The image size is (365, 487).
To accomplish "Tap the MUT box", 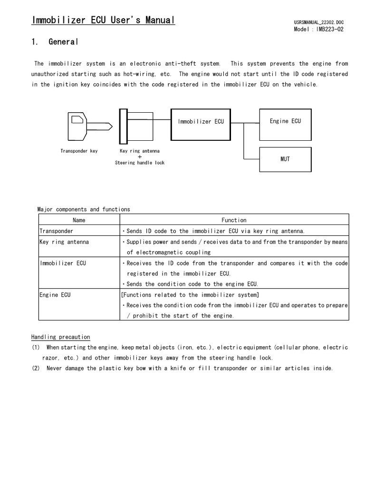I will (x=285, y=159).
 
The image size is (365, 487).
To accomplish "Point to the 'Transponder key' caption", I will (x=79, y=151).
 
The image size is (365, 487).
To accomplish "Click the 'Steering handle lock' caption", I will (x=140, y=163).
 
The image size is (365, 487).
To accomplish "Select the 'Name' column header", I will (x=79, y=220).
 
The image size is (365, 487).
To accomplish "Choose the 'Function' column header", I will (x=234, y=220).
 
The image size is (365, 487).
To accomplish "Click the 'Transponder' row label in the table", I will (x=56, y=231).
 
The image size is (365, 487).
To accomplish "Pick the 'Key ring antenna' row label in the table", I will (x=64, y=242).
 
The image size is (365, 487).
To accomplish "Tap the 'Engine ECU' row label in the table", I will (x=55, y=295).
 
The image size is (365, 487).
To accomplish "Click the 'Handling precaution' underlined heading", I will (x=61, y=337).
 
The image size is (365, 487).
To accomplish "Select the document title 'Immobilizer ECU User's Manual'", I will (x=103, y=20).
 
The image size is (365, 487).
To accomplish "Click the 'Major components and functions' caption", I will (x=84, y=209).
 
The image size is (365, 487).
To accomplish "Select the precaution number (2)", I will (x=36, y=368).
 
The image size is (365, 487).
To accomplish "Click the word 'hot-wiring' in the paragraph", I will (x=143, y=74).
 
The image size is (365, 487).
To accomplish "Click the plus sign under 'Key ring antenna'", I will (x=140, y=156).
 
